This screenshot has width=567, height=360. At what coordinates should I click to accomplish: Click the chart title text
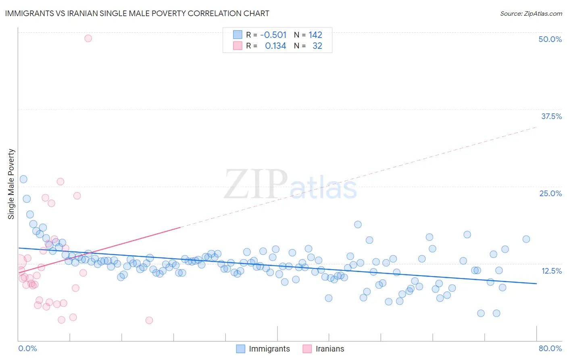pyautogui.click(x=137, y=13)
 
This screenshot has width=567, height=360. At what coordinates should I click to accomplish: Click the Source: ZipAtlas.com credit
pyautogui.click(x=531, y=13)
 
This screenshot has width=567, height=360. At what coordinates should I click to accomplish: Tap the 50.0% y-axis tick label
pyautogui.click(x=550, y=39)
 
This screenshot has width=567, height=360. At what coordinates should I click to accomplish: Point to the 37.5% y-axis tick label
pyautogui.click(x=551, y=116)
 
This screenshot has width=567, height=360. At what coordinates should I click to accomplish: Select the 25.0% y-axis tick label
pyautogui.click(x=550, y=193)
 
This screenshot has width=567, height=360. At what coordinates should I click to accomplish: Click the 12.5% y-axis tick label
pyautogui.click(x=551, y=271)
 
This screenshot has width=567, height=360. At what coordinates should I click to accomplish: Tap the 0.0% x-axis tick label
pyautogui.click(x=27, y=348)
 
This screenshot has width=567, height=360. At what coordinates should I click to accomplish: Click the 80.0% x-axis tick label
pyautogui.click(x=550, y=348)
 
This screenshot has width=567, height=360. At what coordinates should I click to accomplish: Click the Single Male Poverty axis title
pyautogui.click(x=11, y=184)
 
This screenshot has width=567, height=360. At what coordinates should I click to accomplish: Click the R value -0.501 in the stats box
pyautogui.click(x=273, y=35)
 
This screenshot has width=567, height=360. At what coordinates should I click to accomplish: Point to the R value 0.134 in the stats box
pyautogui.click(x=275, y=46)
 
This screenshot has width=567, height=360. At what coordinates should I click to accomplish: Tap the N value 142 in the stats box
pyautogui.click(x=315, y=35)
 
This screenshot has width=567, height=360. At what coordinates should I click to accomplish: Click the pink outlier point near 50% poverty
pyautogui.click(x=88, y=38)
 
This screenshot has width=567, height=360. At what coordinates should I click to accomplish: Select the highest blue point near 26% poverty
pyautogui.click(x=23, y=179)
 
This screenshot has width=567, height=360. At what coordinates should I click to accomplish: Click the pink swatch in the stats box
pyautogui.click(x=238, y=46)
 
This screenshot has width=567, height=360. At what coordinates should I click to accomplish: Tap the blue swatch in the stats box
pyautogui.click(x=238, y=35)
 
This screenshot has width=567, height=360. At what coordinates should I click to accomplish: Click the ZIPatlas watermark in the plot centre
pyautogui.click(x=290, y=185)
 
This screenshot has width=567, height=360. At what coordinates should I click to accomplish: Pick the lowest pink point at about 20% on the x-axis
pyautogui.click(x=149, y=320)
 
